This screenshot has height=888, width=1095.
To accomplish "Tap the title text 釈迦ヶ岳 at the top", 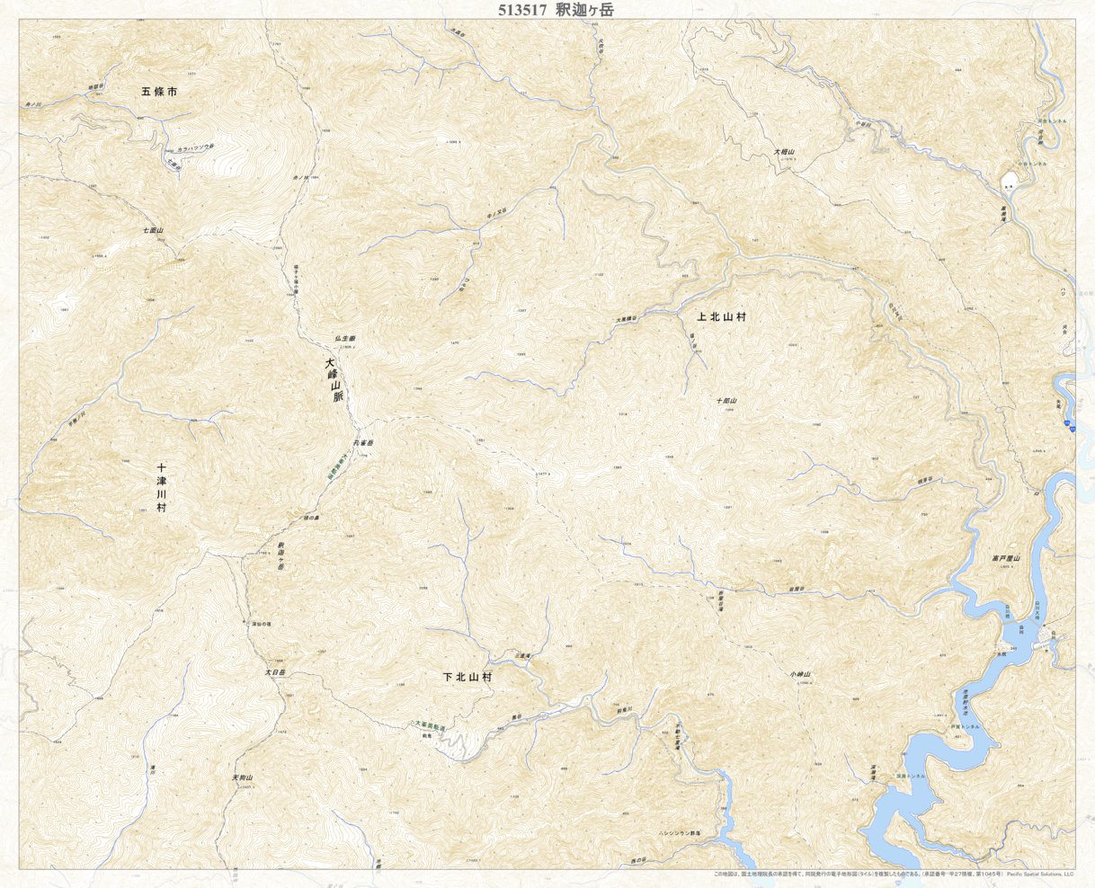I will (x=588, y=10).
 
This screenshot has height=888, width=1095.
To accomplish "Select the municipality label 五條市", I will (x=165, y=92).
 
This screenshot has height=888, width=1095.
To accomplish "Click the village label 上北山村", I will (x=722, y=317).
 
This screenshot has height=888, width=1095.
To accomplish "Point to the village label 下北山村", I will (x=467, y=677).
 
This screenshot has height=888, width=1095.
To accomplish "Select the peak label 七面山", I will (x=153, y=231).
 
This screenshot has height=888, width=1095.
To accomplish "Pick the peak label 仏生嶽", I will (x=344, y=336).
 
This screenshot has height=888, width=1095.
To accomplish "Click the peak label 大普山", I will (x=785, y=153).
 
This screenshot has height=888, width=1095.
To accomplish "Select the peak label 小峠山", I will (x=800, y=674).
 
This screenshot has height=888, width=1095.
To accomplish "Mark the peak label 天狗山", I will (x=243, y=777).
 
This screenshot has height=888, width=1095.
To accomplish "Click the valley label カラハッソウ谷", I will (x=195, y=147).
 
